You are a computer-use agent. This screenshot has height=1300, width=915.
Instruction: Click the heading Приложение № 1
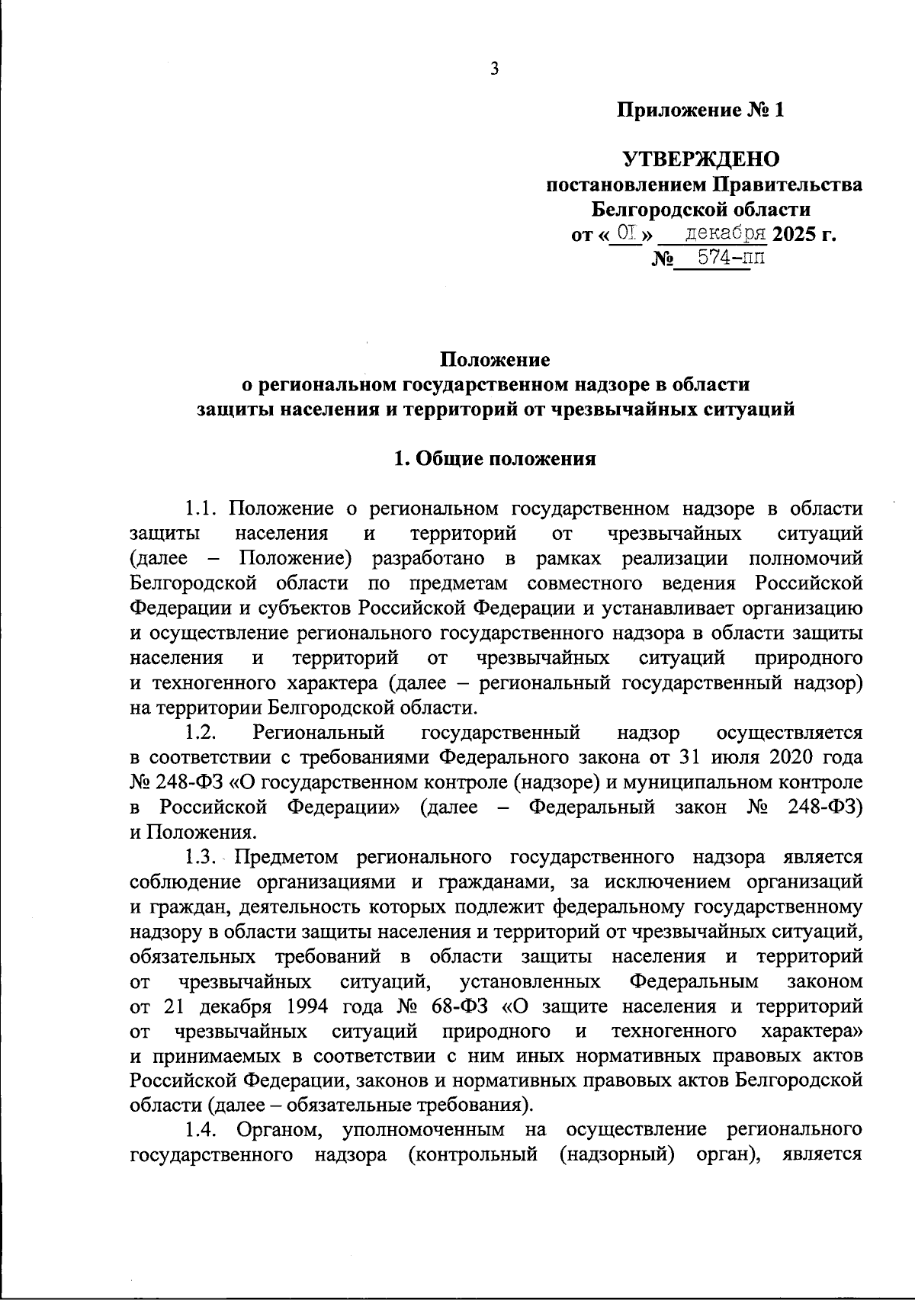(700, 111)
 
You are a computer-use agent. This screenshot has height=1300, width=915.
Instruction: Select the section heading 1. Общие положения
(494, 459)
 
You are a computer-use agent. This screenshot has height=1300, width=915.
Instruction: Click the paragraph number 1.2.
(202, 733)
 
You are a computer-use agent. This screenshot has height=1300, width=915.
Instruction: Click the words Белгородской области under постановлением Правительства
(701, 209)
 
